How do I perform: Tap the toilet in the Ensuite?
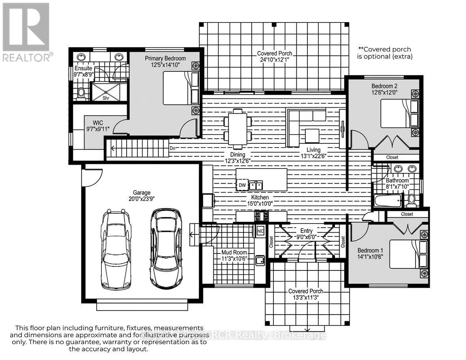tap(81, 92)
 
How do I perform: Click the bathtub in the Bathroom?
tap(388, 200)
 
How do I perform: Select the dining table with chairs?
tap(238, 126)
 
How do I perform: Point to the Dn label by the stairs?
tap(172, 148)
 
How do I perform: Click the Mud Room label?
tap(234, 252)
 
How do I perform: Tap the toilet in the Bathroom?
tap(412, 201)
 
